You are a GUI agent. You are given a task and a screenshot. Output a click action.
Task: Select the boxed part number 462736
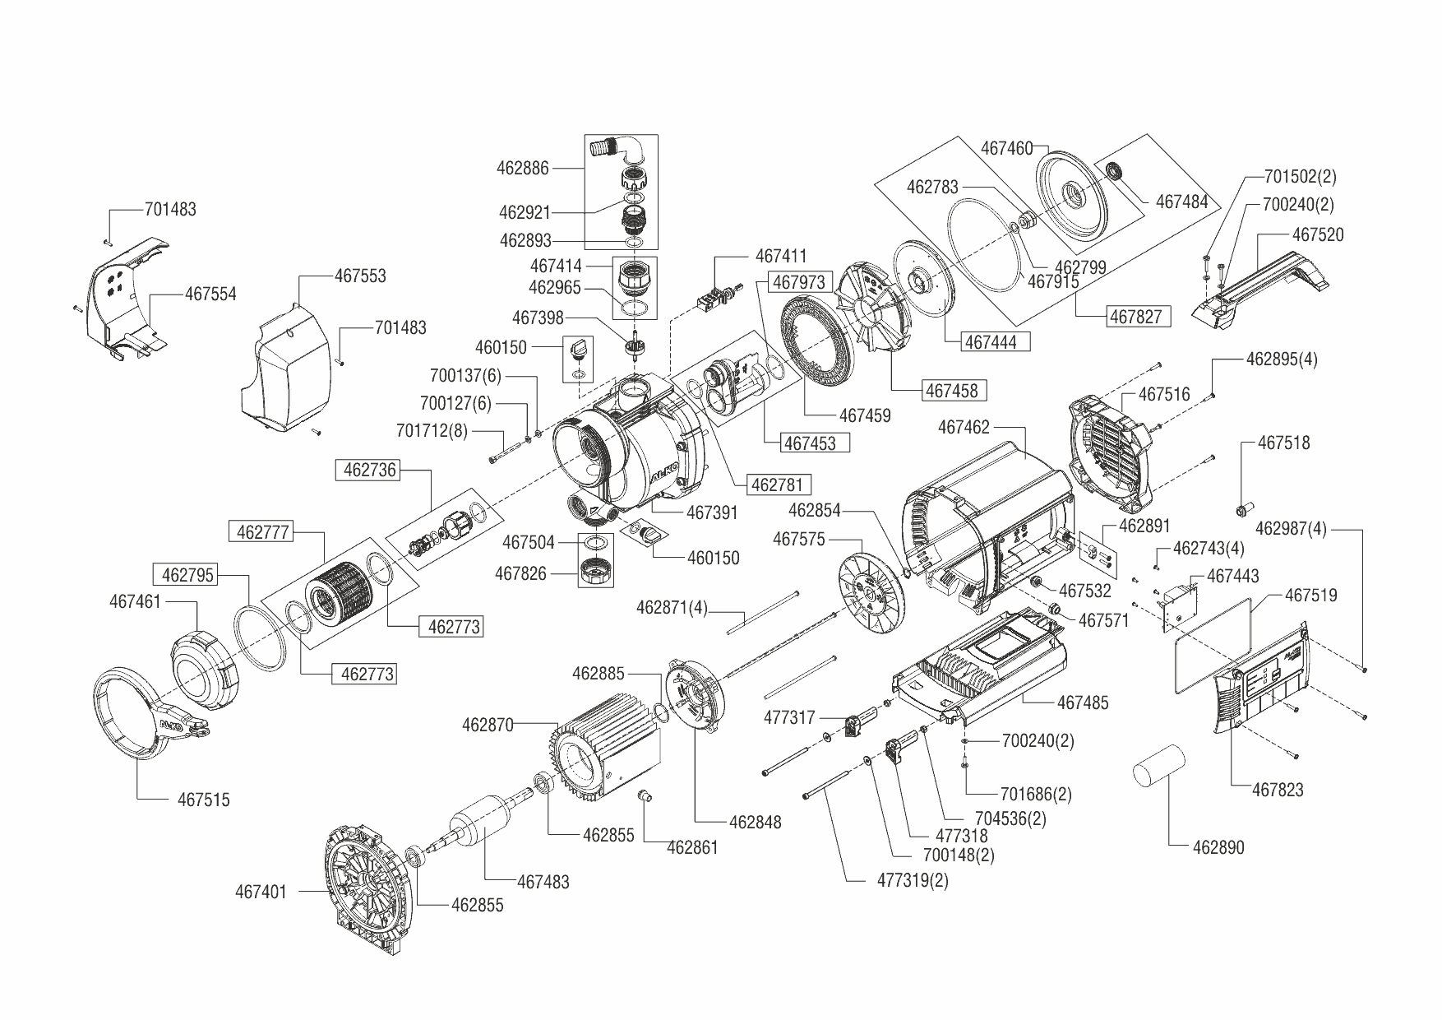click(370, 471)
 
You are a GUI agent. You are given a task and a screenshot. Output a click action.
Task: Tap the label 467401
click(261, 891)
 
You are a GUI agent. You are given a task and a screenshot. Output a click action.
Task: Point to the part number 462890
click(1218, 846)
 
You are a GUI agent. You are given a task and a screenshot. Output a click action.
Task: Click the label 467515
click(204, 799)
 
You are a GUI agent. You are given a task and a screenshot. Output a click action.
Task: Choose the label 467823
click(1278, 790)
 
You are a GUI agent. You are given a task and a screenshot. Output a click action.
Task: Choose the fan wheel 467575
click(871, 593)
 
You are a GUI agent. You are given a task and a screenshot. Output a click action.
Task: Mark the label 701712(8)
click(431, 430)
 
